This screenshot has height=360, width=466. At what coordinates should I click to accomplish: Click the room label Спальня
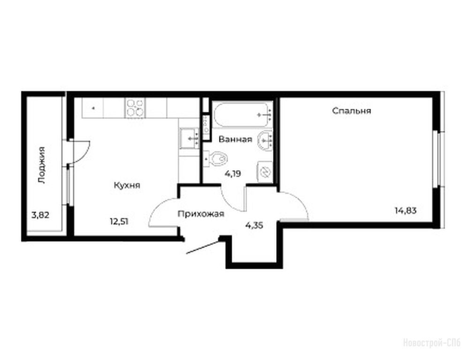tap(351, 111)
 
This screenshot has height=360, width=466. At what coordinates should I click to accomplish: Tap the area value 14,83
tap(406, 210)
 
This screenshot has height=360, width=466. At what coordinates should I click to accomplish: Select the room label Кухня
tap(127, 186)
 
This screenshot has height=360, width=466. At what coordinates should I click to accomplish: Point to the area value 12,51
tap(119, 221)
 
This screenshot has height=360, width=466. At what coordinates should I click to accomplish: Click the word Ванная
tap(235, 139)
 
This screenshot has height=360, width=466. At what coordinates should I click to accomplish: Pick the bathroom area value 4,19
tap(233, 173)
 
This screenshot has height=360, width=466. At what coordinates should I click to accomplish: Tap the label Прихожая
tap(201, 214)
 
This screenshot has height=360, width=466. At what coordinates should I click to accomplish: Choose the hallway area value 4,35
tap(254, 225)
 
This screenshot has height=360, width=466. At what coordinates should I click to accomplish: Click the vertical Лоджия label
tap(42, 165)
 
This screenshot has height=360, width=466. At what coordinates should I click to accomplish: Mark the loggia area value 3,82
tap(40, 215)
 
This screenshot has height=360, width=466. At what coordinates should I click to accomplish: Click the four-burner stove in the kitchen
tap(135, 108)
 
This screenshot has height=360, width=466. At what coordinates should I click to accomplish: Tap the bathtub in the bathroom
tap(243, 114)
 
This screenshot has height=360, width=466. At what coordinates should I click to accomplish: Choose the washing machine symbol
tap(264, 172)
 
